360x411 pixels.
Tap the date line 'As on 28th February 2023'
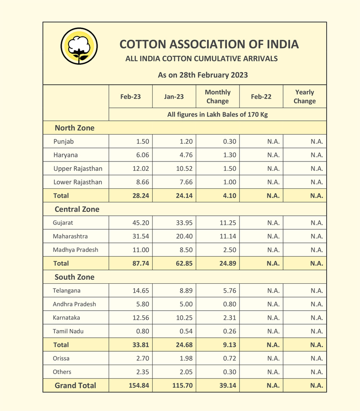click(x=203, y=75)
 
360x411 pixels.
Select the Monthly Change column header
click(x=217, y=96)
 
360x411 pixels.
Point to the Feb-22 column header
click(x=261, y=96)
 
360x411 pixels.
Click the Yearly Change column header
click(x=305, y=96)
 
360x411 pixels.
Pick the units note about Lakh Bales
click(x=217, y=115)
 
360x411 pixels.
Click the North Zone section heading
click(x=75, y=128)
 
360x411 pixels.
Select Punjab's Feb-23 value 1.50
click(x=143, y=142)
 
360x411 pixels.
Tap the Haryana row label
click(x=66, y=155)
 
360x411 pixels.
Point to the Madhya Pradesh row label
click(x=76, y=250)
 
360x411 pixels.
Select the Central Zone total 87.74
click(x=140, y=264)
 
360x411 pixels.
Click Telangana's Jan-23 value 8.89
click(x=185, y=290)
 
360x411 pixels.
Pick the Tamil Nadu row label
click(x=68, y=331)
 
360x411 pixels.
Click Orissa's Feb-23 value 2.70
click(x=143, y=358)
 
